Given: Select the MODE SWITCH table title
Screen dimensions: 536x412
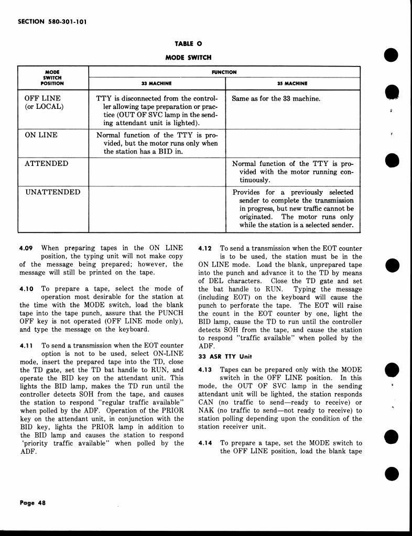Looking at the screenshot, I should point(188,57).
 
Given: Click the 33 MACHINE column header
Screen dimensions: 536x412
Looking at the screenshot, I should point(157,83).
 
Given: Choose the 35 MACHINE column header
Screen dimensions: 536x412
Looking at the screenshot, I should point(292,83).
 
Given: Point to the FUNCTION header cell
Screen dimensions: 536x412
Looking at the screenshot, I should point(224,72).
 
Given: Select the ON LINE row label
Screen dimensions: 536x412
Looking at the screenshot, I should point(42,135).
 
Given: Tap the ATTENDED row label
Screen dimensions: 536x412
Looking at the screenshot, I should point(47,163).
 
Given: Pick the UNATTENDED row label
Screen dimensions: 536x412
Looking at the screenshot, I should point(53,192).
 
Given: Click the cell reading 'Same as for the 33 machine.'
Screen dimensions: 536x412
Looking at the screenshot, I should point(276,98).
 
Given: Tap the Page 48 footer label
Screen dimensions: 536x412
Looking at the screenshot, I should point(32,502).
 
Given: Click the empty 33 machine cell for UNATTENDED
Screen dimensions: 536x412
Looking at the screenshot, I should point(157,209).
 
